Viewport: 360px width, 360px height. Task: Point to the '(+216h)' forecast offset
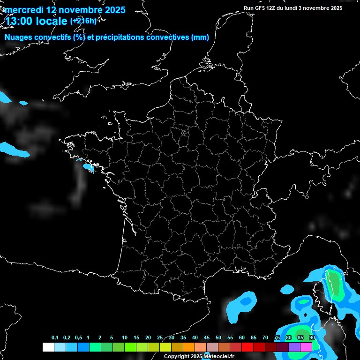coord(83,21)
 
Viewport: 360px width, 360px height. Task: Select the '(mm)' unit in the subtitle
coord(200,37)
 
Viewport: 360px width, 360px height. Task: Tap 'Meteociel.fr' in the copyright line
coord(218,356)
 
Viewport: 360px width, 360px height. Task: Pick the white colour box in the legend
coord(48,347)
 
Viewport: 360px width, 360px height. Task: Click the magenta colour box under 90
coord(306,347)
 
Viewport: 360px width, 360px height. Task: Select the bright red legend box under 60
coord(247,347)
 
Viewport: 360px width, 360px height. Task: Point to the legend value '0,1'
coord(55,338)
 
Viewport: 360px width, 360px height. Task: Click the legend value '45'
coord(207,338)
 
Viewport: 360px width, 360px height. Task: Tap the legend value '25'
coord(160,338)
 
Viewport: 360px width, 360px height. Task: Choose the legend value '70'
coord(265,338)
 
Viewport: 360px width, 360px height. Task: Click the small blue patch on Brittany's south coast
coord(88,167)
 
